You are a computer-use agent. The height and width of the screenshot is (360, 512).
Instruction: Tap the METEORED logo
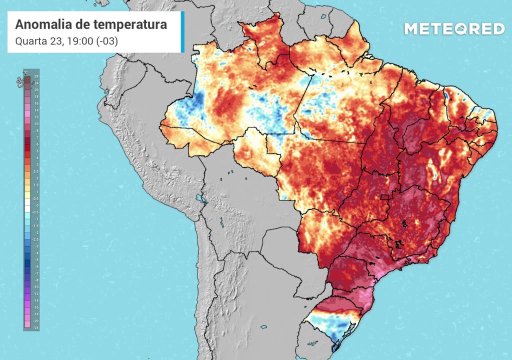454,29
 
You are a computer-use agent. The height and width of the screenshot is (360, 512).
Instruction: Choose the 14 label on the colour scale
36,109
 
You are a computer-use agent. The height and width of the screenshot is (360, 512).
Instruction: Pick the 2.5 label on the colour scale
36,171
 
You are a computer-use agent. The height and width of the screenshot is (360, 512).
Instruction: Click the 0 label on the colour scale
36,205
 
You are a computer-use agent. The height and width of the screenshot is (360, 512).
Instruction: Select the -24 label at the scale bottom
36,327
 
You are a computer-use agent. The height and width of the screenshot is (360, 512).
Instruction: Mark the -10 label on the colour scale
36,287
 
